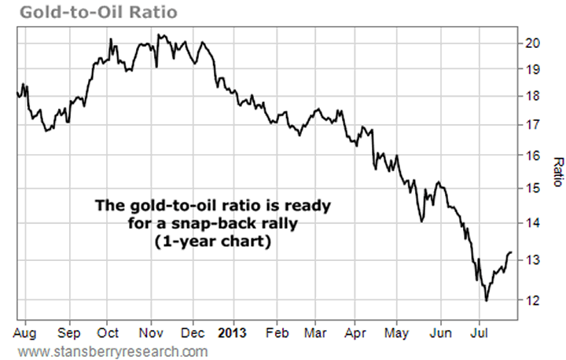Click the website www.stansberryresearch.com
pos(112,351)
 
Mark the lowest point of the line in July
pos(487,300)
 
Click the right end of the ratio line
pos(511,252)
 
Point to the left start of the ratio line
pos(17,95)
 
